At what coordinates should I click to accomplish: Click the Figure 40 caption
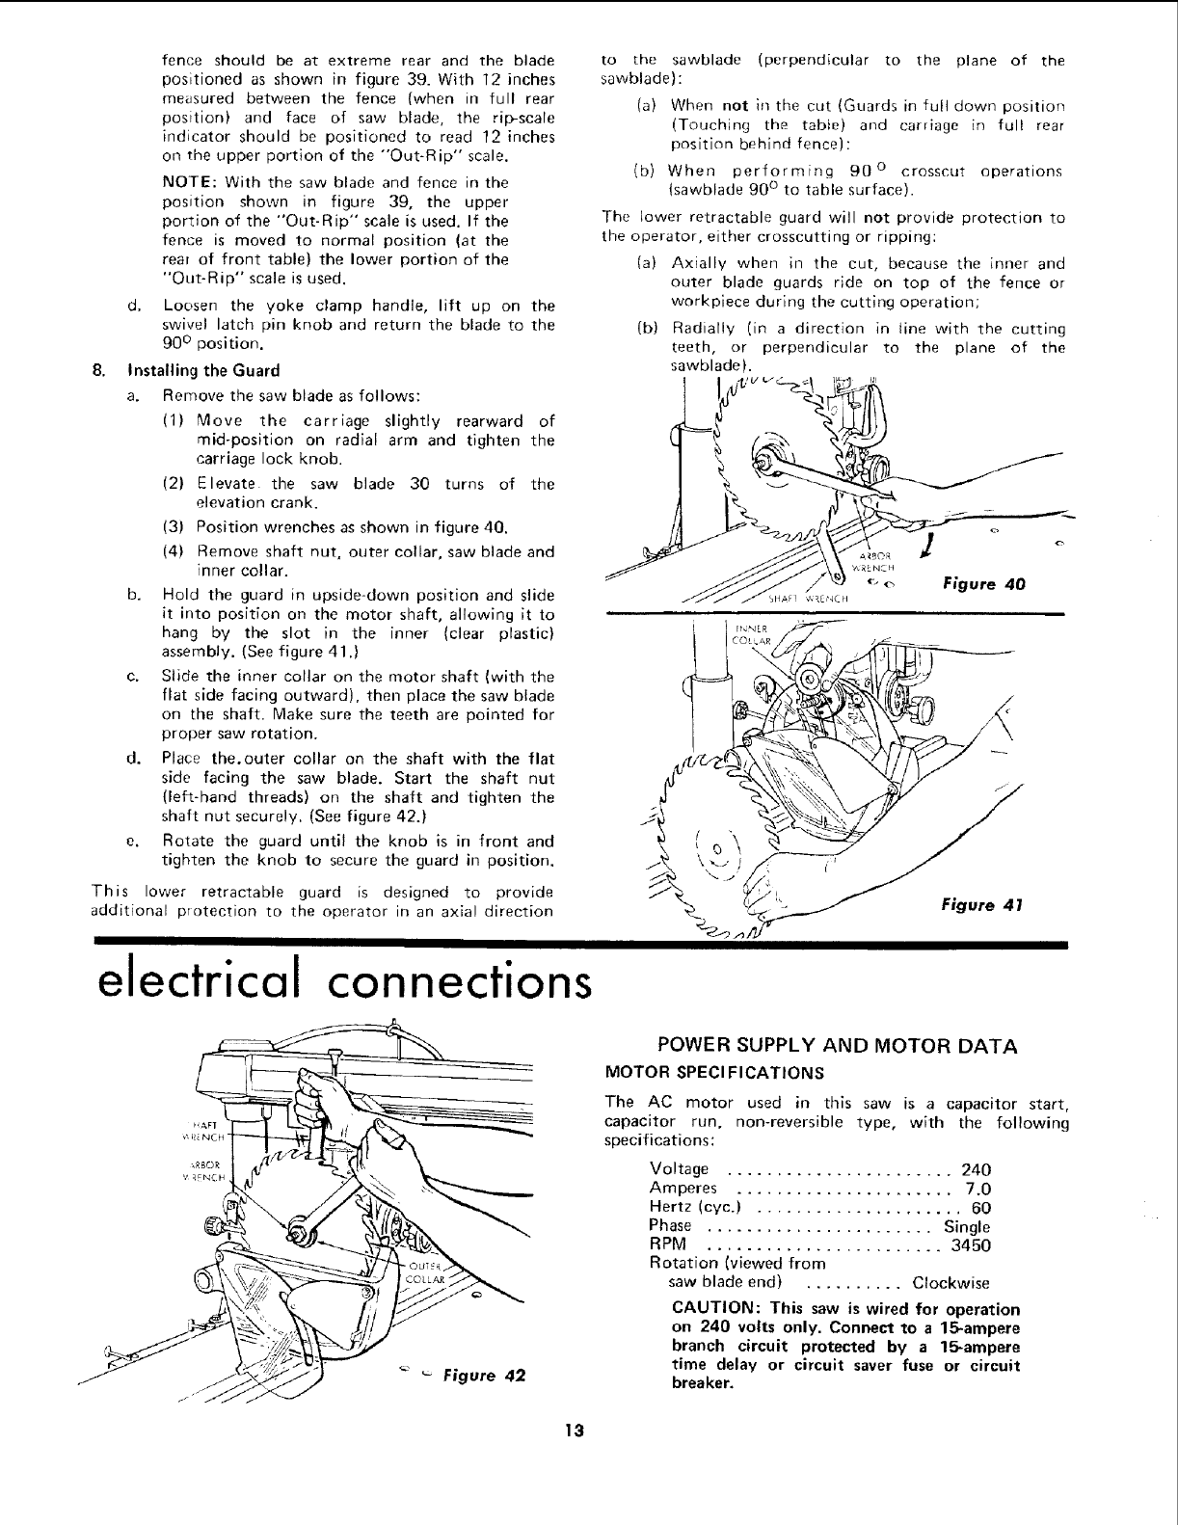983,584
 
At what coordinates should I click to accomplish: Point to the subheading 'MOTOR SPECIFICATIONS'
713,1072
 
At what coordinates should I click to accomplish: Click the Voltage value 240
977,1170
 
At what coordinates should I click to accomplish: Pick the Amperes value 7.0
978,1190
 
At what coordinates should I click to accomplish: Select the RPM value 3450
971,1245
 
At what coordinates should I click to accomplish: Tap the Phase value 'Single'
967,1227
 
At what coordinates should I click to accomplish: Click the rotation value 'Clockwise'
950,1283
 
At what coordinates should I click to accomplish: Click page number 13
579,1431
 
